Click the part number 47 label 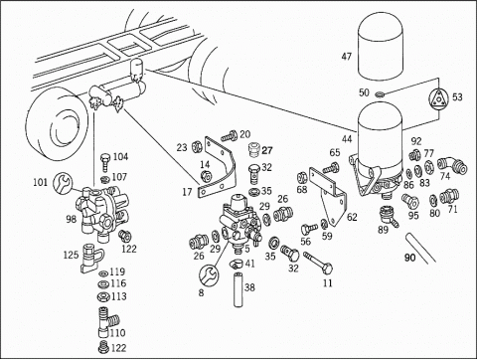[346, 57]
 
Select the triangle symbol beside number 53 [438, 98]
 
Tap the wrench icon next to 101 [62, 182]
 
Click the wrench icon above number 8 [209, 274]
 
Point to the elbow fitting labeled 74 [452, 165]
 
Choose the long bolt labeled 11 [318, 263]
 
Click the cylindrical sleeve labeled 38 [238, 289]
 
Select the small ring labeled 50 [380, 94]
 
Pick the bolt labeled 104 [104, 161]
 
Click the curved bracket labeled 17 [216, 169]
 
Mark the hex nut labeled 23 [197, 146]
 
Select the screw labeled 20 [230, 135]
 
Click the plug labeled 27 [254, 150]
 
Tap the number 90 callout [409, 258]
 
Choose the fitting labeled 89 [388, 216]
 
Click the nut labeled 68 [303, 178]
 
